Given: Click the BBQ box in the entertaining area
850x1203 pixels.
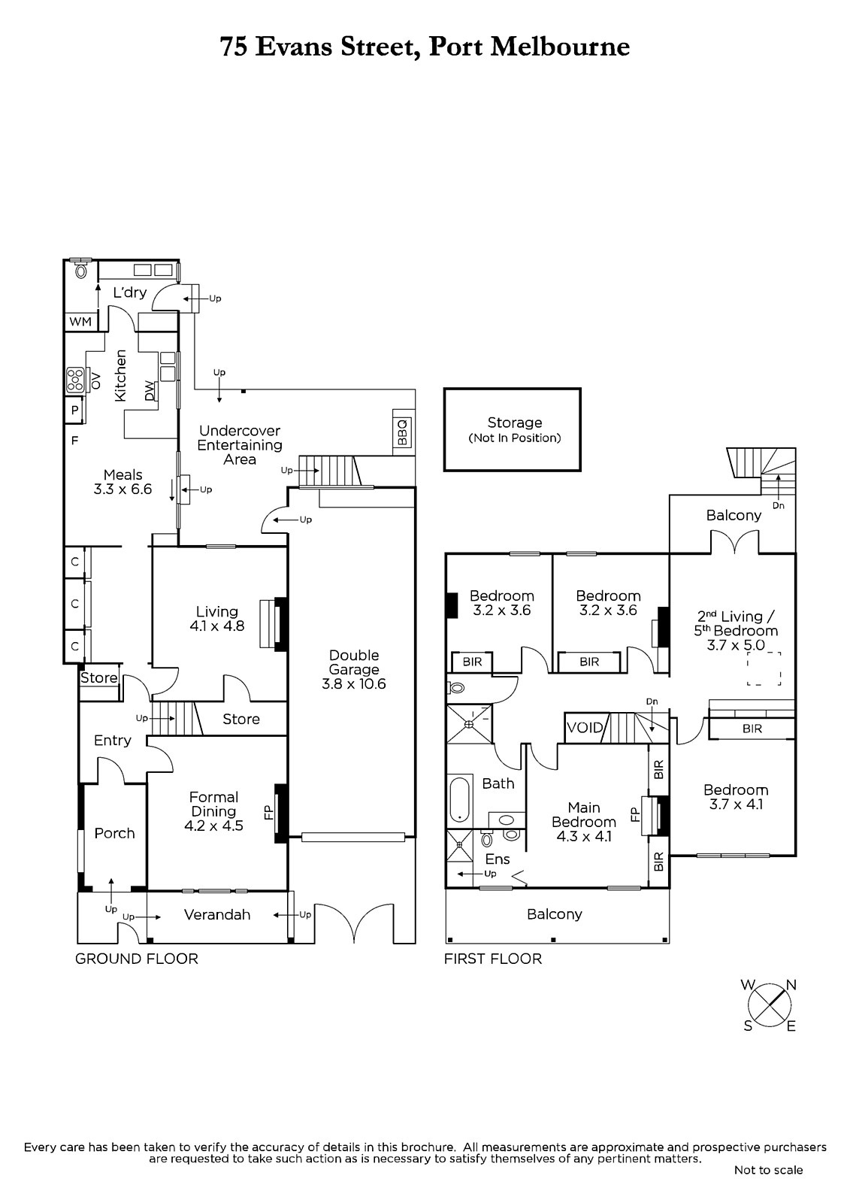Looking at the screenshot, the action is point(404,432).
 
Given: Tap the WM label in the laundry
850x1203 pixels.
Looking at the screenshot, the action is point(80,322).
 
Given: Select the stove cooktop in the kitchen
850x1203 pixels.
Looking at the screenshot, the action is point(74,380).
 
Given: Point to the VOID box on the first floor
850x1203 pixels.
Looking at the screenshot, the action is point(585,728).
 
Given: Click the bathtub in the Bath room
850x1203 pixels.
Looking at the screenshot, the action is point(460,798).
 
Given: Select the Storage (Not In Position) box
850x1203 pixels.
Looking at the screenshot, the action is point(513,429).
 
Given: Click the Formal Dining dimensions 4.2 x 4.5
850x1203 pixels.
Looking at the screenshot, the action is point(213,826).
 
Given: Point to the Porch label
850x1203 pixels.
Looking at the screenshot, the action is point(114,833).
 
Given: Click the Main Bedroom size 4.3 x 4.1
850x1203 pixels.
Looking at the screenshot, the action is point(584,836).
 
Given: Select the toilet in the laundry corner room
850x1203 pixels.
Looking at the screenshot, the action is point(81,270).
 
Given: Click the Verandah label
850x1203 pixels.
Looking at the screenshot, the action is point(217,914).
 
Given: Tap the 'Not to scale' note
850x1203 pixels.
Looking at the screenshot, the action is point(768,1170).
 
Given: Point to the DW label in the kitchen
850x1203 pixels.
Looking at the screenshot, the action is point(150,390).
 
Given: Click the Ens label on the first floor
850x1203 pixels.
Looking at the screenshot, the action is point(498,859).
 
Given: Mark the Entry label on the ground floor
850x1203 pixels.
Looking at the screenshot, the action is point(112,741).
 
